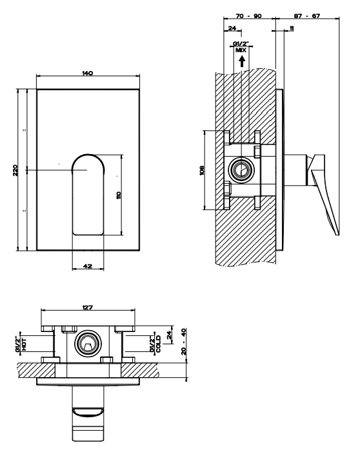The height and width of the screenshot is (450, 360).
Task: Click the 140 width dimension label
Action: point(88,73)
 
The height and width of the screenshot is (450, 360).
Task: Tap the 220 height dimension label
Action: point(15,170)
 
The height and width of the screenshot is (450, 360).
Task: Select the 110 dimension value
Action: point(119,195)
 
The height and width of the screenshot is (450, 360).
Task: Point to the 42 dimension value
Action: point(88,266)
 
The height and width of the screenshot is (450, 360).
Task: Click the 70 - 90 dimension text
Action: point(248,16)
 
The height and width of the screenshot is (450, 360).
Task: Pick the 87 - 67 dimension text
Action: point(307,16)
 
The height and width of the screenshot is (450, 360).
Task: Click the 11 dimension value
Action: point(292,28)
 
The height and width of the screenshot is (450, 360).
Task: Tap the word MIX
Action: point(241,50)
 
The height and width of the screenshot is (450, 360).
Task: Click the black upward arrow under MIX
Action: point(242,61)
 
